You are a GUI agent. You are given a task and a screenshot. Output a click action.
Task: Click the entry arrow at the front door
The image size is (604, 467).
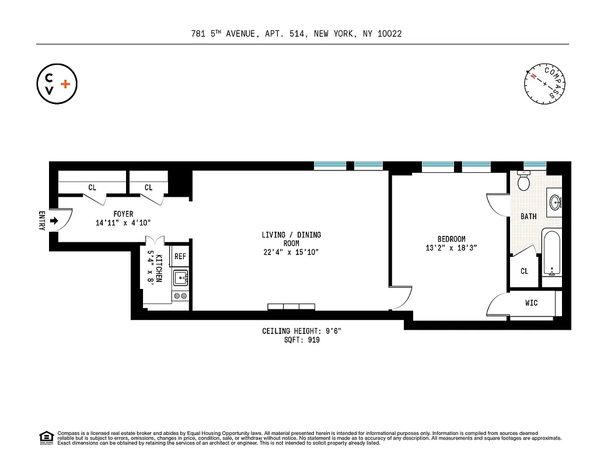point(54,221)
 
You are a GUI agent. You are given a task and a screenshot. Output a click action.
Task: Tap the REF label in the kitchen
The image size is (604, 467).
point(180,256)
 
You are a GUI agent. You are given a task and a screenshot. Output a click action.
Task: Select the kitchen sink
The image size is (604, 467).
point(180,277)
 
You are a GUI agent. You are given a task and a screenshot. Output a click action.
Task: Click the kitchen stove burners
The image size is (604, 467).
point(180,296)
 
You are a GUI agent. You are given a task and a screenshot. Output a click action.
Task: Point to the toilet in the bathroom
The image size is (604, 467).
point(523,182)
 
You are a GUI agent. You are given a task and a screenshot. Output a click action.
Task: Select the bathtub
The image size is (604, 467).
point(551,253)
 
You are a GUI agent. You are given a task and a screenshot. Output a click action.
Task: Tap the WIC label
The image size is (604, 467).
point(531,303)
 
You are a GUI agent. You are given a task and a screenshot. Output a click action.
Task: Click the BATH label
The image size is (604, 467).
point(528,217)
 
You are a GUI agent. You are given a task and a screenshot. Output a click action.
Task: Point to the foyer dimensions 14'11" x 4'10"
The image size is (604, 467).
point(123,223)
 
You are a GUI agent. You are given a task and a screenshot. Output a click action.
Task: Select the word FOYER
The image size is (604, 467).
point(123,214)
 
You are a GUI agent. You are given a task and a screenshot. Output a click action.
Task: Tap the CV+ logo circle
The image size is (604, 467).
point(57,84)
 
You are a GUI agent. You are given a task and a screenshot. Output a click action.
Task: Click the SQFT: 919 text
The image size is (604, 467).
point(301,340)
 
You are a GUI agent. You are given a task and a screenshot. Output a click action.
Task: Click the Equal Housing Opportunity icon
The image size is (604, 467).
point(46,437)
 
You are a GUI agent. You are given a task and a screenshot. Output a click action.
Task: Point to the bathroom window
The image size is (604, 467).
point(535,165)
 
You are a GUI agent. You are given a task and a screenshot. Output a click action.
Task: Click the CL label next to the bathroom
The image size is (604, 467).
point(524,271)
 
